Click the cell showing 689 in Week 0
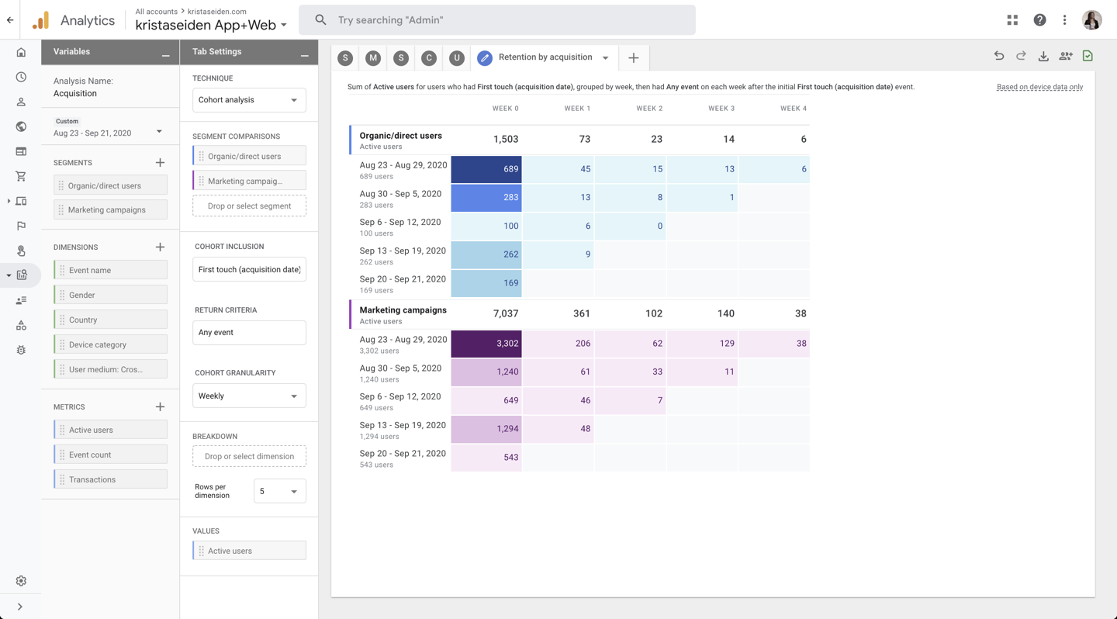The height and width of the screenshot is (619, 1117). pos(486,169)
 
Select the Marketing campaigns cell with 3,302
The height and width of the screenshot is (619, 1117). pos(486,344)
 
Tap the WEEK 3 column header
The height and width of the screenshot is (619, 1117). pos(721,109)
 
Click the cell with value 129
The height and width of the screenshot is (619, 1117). pos(702,344)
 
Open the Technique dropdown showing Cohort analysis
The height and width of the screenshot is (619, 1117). pos(249,100)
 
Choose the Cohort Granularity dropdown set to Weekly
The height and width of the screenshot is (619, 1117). pos(249,396)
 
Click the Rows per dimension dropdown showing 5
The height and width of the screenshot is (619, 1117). pos(279,491)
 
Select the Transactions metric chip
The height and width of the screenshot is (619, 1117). pos(111,479)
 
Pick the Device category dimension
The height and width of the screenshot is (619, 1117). pos(111,344)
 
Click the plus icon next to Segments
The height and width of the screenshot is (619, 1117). pos(160,163)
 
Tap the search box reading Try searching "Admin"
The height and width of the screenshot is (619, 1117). pos(497,20)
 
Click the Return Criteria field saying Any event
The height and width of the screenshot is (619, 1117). pos(249,333)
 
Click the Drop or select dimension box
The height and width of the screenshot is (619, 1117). pos(249,456)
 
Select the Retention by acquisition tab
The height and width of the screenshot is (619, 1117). pos(545,57)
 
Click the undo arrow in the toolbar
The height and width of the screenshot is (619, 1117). pos(999,56)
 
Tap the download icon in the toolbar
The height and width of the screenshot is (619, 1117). pos(1043,56)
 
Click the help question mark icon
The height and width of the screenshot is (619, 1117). pos(1039,20)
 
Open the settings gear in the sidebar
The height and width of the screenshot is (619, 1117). pos(21,581)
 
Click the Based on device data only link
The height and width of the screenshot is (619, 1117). pos(1039,87)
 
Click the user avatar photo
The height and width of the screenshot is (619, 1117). pos(1091,20)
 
